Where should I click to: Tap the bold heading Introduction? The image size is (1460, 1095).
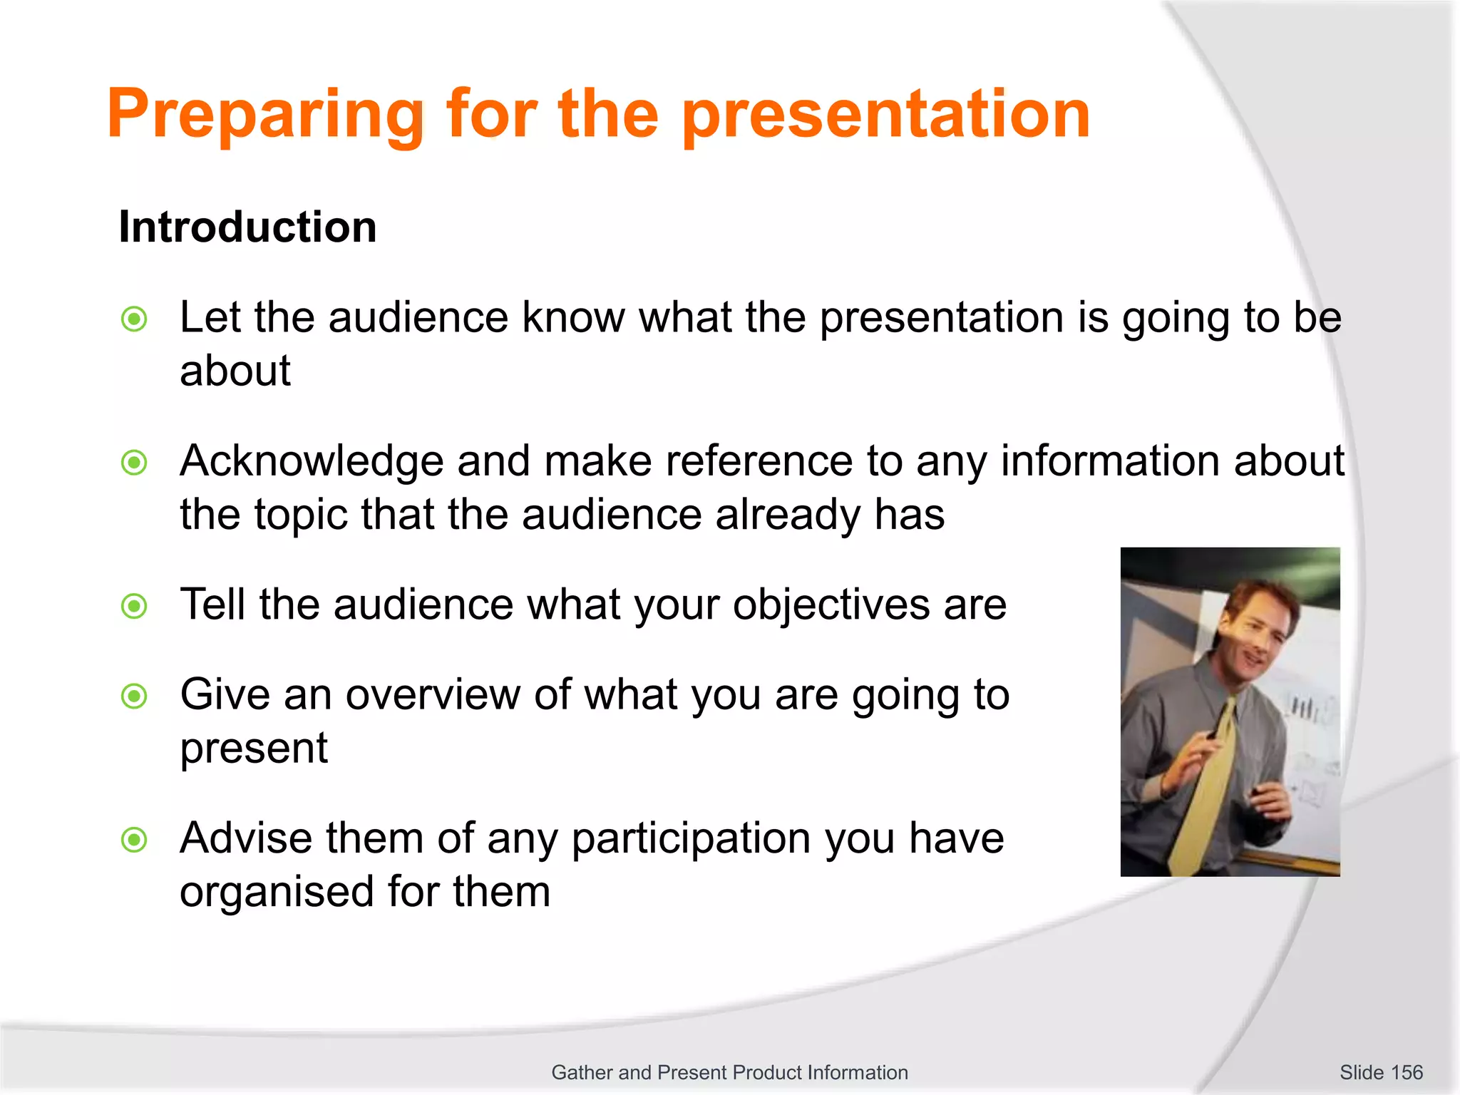click(247, 227)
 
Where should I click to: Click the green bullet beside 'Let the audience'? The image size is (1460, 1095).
click(134, 319)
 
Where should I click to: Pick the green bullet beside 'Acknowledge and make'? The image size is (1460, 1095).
click(134, 463)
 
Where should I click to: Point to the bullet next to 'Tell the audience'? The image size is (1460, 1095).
click(134, 607)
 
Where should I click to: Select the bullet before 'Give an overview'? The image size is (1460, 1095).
click(134, 696)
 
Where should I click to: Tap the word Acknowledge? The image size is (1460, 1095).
click(312, 461)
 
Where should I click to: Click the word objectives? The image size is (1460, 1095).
click(831, 605)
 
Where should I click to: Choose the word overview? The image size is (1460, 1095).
click(433, 694)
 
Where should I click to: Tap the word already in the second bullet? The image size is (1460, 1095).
click(788, 515)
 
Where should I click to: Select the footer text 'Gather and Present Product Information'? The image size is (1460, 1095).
click(729, 1072)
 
